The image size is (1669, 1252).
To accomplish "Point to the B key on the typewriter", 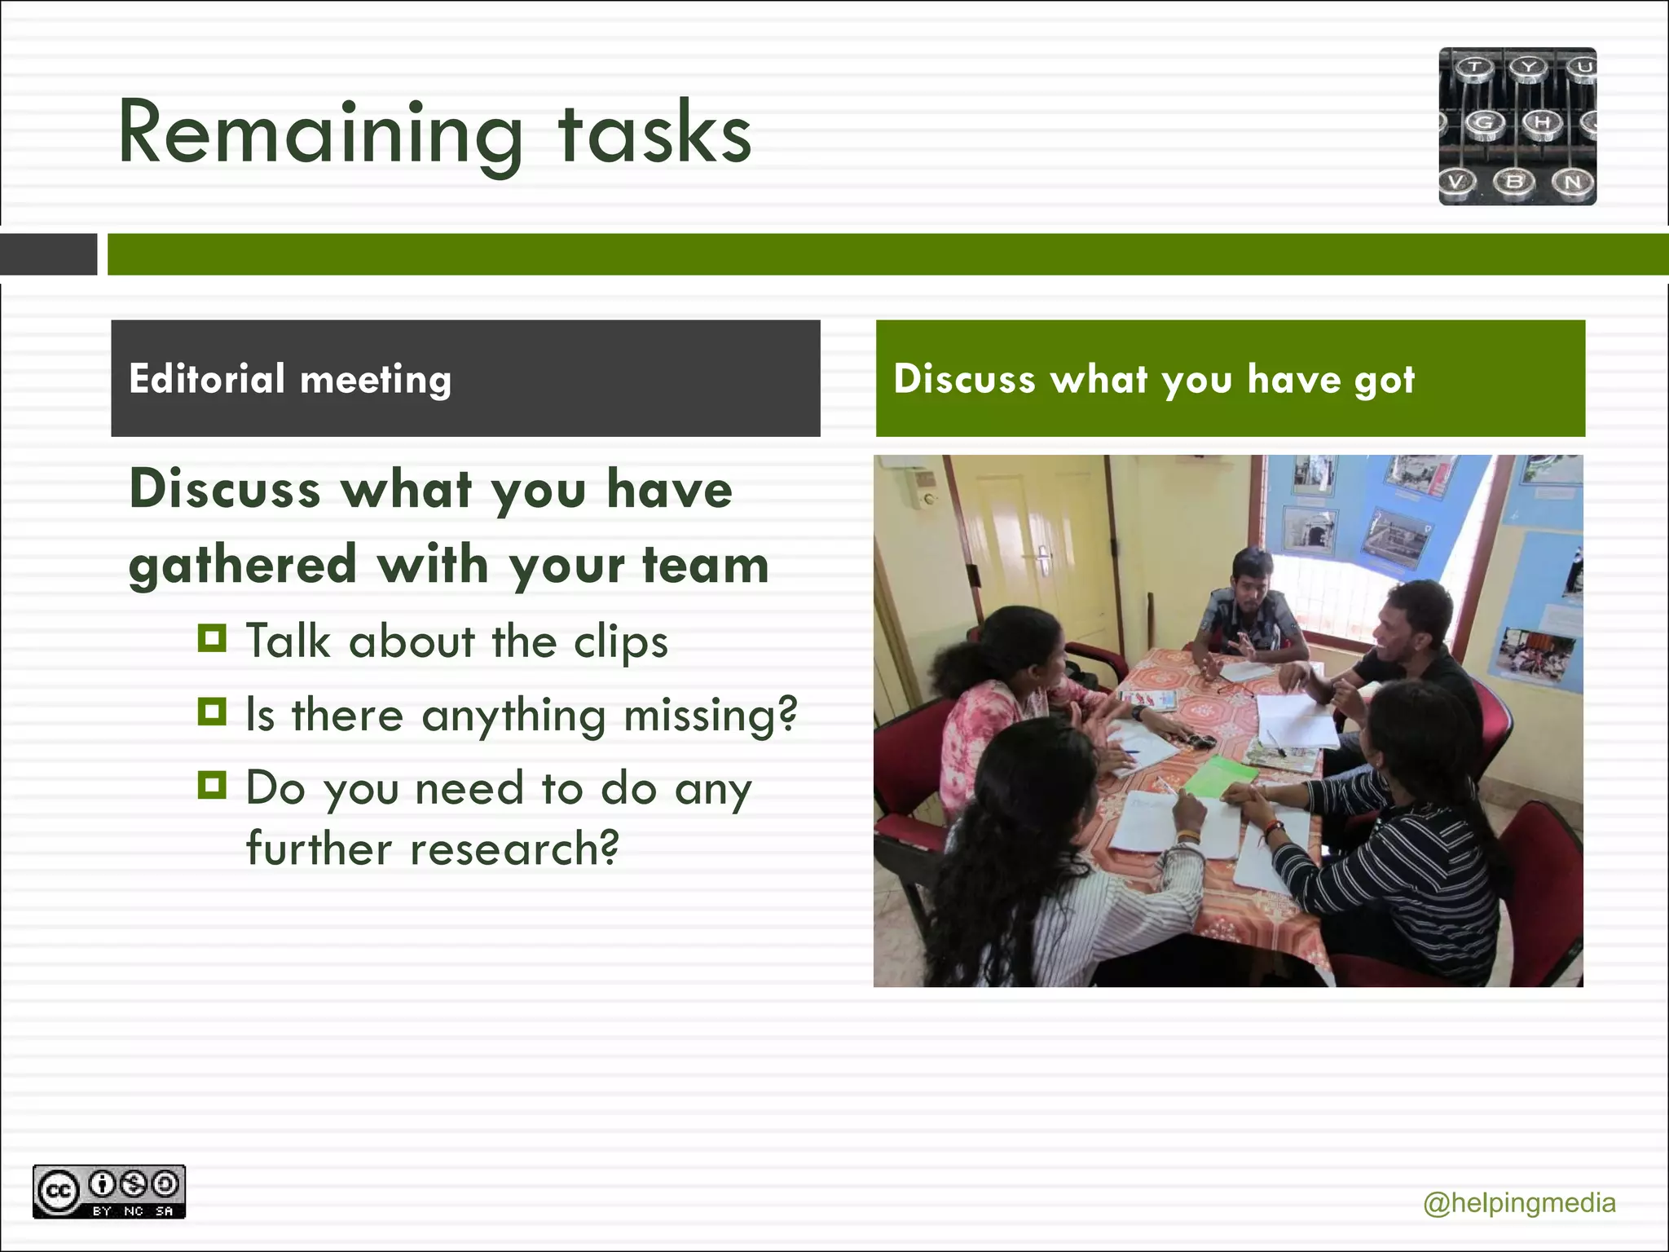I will point(1514,181).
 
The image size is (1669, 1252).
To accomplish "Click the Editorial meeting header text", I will point(290,380).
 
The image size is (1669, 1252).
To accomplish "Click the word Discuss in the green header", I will point(963,380).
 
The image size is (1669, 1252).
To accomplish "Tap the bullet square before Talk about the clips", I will point(212,638).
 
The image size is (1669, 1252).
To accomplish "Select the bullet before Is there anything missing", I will point(212,712).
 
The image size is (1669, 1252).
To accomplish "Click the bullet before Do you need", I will point(212,785).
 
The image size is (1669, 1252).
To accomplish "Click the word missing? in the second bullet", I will point(710,716).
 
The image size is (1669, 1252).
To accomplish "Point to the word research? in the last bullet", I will point(514,849).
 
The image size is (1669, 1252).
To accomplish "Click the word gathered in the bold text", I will point(243,565).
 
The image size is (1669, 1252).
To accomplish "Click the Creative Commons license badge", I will point(109,1192).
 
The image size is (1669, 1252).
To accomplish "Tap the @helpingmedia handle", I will point(1519,1203).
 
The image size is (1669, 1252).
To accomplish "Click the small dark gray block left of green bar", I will point(48,254).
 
